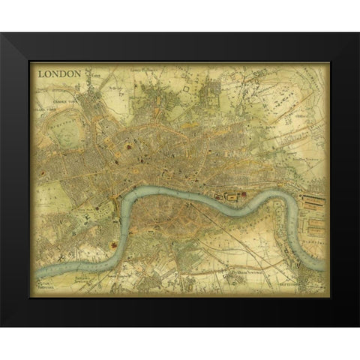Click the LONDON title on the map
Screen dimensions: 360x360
coord(58,75)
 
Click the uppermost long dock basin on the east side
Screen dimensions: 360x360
coord(314,196)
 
